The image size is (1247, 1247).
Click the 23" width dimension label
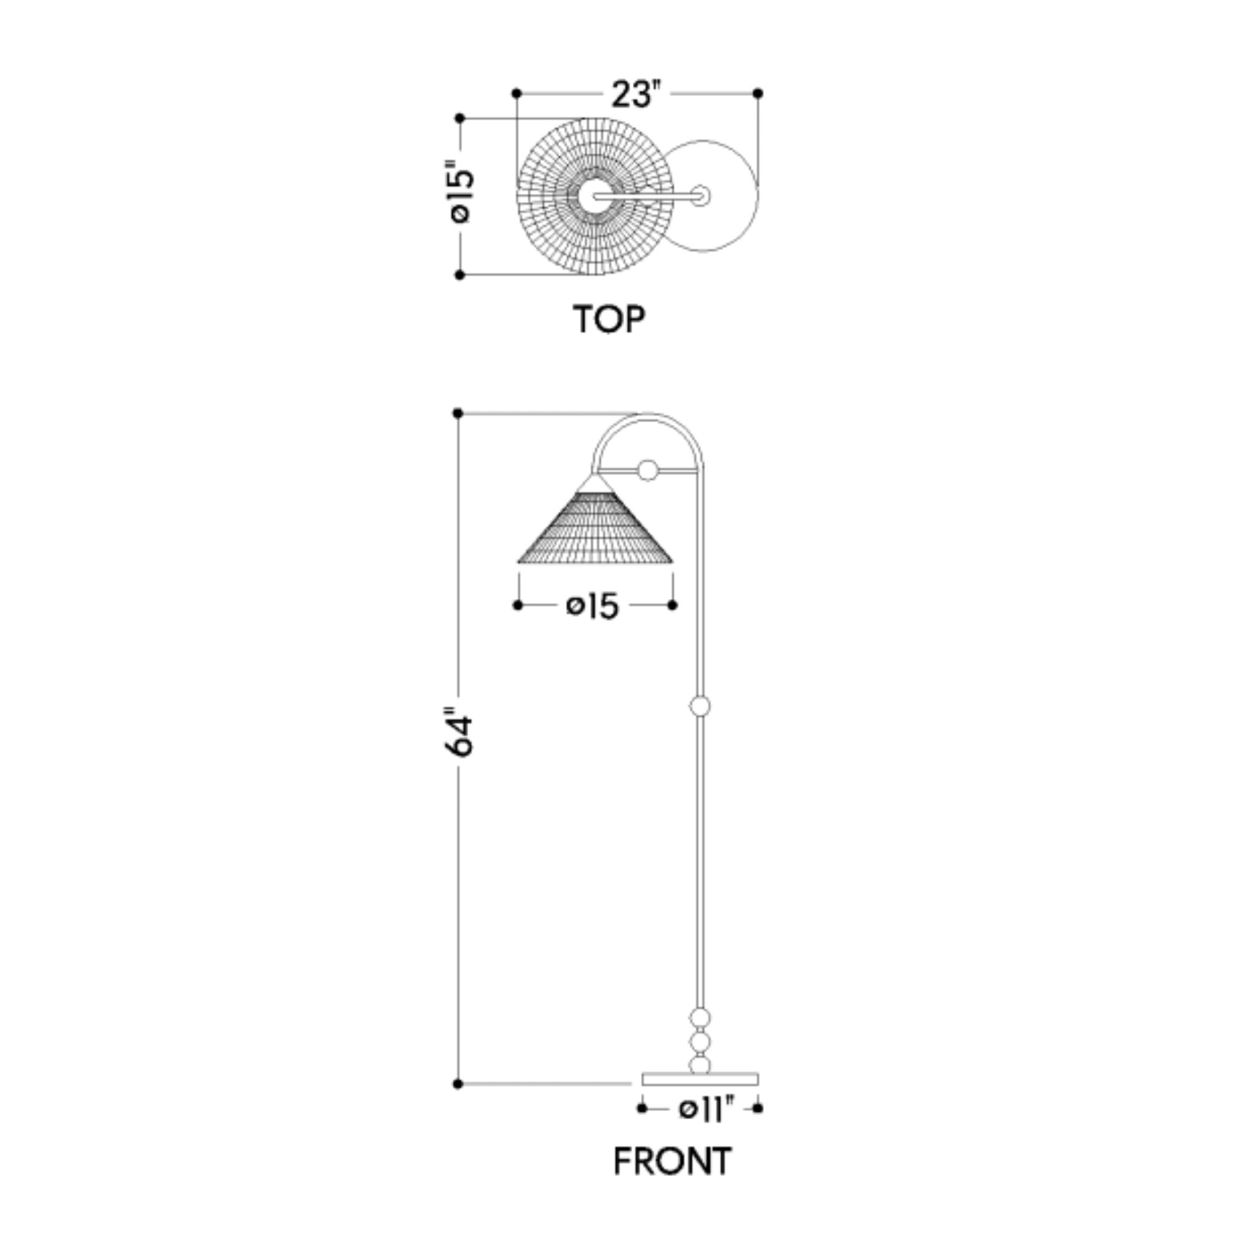(x=637, y=94)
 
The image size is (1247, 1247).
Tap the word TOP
(x=609, y=319)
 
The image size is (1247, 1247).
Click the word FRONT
(x=673, y=1161)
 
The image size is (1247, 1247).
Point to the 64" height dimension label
(x=460, y=735)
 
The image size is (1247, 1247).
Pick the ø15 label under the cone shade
(x=592, y=606)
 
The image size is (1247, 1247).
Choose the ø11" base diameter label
(x=707, y=1109)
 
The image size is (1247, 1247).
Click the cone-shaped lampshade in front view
(x=595, y=523)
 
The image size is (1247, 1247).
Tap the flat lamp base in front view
(x=700, y=1079)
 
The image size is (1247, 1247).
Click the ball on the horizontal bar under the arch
(x=647, y=470)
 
